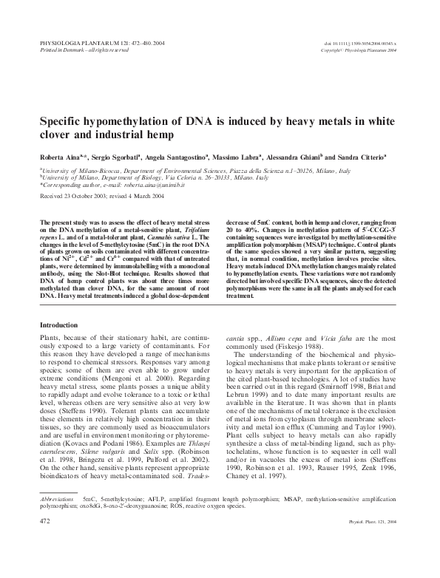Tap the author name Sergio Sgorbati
[x=112, y=157]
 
